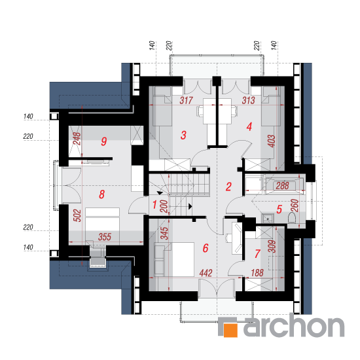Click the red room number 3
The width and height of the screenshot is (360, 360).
tap(183, 135)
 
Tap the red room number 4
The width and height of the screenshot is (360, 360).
tap(249, 127)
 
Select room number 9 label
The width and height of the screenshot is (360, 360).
tap(104, 141)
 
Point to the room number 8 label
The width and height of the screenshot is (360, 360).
tap(101, 194)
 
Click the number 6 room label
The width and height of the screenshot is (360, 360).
tap(206, 248)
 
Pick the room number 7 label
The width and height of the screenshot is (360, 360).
tap(257, 254)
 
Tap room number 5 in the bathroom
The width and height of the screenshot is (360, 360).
tap(279, 209)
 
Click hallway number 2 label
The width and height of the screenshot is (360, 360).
tap(228, 187)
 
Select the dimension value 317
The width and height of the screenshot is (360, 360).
tap(186, 100)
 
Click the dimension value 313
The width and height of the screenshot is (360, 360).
tap(249, 100)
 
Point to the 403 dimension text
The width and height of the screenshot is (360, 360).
tap(272, 141)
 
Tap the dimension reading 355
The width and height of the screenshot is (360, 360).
tap(105, 237)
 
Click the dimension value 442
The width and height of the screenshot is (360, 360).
tap(206, 273)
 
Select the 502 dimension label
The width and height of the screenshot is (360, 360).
tap(77, 215)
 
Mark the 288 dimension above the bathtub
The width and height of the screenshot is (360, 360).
tap(282, 186)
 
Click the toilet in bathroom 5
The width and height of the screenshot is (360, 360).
tap(291, 218)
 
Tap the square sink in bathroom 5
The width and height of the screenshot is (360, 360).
tap(268, 218)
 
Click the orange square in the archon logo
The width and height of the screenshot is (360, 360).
tap(230, 330)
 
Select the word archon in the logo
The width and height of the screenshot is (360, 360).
tap(294, 325)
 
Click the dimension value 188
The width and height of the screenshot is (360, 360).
tap(257, 273)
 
